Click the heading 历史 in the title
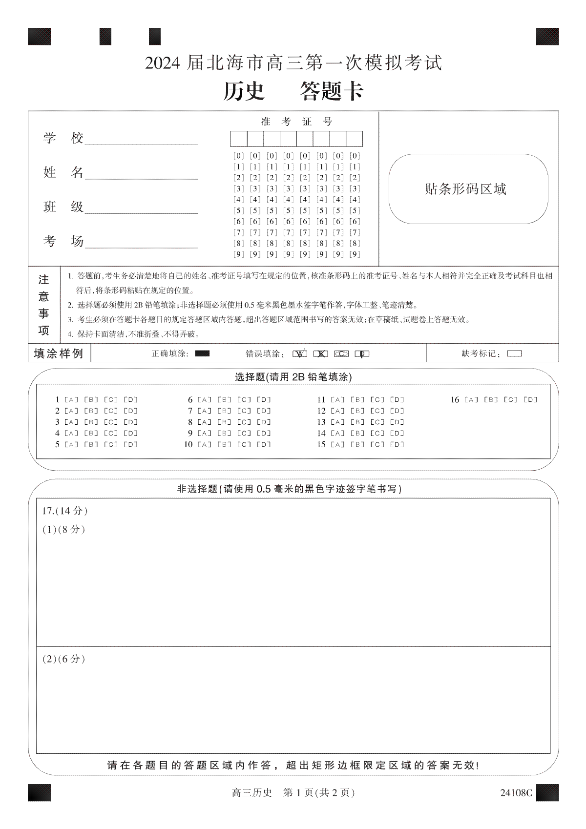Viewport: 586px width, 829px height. coord(244,91)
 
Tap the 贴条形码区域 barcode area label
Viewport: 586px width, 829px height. coord(465,189)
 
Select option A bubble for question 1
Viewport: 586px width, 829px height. coord(71,400)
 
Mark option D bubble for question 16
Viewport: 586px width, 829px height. coord(530,400)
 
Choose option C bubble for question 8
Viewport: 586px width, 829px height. coord(244,422)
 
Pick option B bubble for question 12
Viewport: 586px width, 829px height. coord(357,411)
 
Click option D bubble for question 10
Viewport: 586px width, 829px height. coord(264,445)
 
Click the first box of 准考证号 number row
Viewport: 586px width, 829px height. coord(239,139)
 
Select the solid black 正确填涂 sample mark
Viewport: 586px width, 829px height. coord(202,354)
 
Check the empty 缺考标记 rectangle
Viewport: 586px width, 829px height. coord(515,354)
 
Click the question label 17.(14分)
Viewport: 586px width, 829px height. coord(65,511)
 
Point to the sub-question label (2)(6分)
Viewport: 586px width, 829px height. coord(64,659)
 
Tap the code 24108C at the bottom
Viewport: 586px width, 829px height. coord(516,793)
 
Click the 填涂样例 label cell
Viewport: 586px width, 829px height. coord(59,353)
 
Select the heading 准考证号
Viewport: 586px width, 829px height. coord(296,122)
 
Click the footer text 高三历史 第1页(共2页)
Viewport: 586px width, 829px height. coord(293,793)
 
